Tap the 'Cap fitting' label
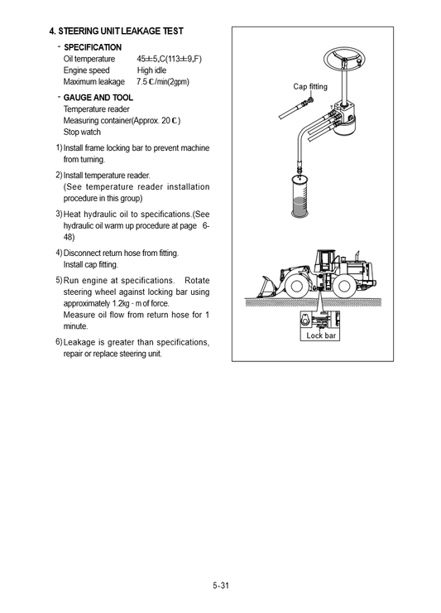tap(310, 86)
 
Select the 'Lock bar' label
tap(322, 335)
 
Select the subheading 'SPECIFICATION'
tap(93, 47)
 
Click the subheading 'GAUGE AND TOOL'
tap(98, 97)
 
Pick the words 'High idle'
tap(152, 70)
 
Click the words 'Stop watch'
tap(82, 132)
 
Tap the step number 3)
tap(59, 214)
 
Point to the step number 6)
tap(59, 342)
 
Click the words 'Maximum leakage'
tap(93, 82)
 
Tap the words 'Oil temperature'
tap(89, 59)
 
